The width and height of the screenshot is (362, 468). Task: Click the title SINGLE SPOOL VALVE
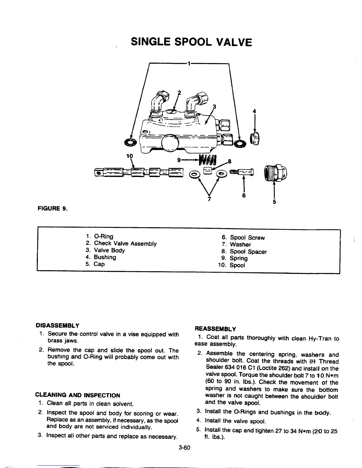[191, 42]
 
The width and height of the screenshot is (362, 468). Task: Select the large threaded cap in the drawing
[277, 172]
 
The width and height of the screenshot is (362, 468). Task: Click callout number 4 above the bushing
[254, 111]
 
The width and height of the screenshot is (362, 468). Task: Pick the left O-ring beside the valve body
[131, 142]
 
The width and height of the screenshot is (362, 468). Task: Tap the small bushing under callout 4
[254, 139]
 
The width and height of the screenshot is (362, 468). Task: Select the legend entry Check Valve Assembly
[125, 243]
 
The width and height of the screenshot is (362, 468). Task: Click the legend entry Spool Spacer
[248, 252]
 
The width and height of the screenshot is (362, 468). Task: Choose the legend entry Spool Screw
[247, 238]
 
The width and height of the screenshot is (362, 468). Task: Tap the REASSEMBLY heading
[215, 329]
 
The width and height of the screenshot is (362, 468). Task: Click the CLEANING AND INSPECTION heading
[78, 395]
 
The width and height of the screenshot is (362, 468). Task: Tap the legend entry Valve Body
[109, 250]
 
